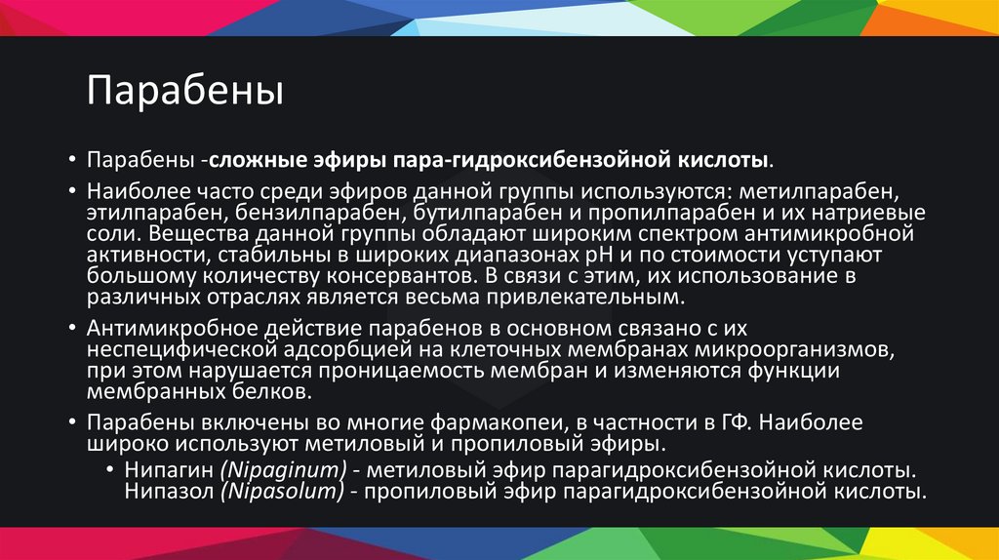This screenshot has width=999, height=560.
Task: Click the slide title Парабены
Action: (x=184, y=93)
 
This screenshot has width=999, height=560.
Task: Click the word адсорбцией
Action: (x=327, y=349)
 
